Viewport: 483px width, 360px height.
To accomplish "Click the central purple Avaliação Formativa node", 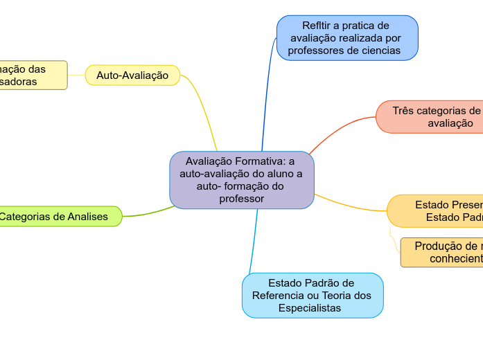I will coord(242,180).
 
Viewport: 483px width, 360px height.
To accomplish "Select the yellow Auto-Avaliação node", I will coord(132,75).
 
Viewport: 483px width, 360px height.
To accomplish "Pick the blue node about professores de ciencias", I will coord(347,38).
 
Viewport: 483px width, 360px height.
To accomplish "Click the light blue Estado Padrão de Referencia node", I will coord(312,295).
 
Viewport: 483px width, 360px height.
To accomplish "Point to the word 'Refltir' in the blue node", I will coord(315,26).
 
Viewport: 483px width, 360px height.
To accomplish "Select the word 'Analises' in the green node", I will coord(88,217).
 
